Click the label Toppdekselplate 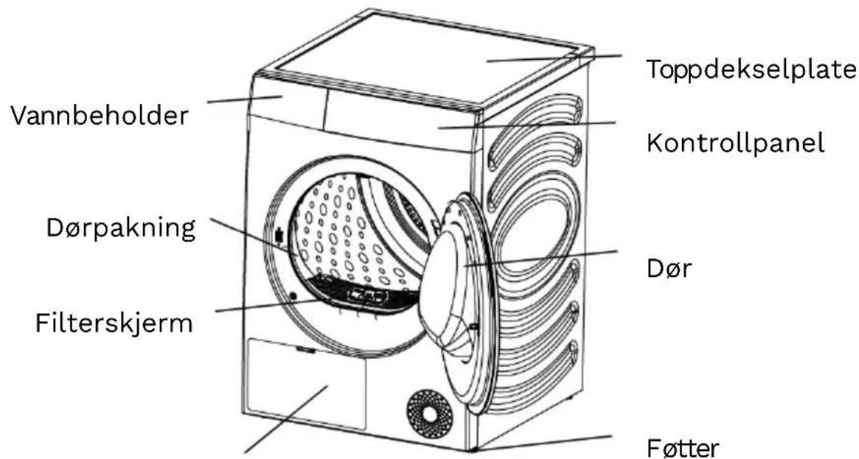coord(751,70)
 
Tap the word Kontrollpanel coord(736,144)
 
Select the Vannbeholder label coord(99,116)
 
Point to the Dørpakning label coord(120,228)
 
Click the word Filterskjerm coord(114,323)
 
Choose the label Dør coord(670,269)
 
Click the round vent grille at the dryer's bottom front coord(430,414)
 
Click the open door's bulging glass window coord(447,290)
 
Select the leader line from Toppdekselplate coord(554,58)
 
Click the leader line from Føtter coord(544,443)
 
